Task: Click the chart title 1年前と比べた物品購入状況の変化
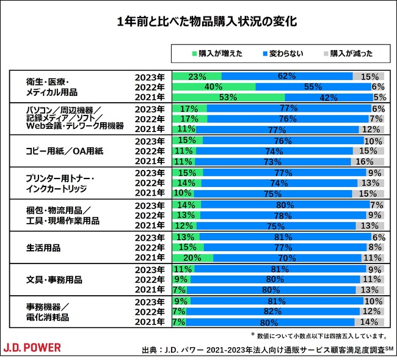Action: click(198, 21)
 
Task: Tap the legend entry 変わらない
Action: click(283, 53)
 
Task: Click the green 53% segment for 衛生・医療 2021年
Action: click(228, 97)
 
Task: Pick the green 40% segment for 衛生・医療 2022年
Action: click(214, 87)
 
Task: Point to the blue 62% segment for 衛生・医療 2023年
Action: click(287, 76)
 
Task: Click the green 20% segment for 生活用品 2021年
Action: click(193, 258)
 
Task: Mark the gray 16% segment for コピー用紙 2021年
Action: click(368, 161)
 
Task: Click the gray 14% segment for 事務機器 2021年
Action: click(370, 322)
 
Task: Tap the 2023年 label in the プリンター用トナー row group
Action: click(150, 173)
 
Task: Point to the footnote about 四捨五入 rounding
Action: click(318, 336)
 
